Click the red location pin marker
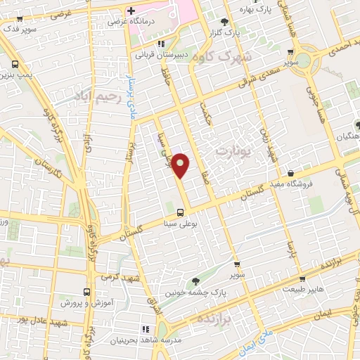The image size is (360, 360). point(181,165)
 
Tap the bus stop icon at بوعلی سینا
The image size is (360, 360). point(181,212)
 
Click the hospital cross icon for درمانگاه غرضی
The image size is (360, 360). point(131,11)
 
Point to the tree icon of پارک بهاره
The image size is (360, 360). point(224,22)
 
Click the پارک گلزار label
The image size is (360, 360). point(227,33)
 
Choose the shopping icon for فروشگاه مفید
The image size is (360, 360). point(290,175)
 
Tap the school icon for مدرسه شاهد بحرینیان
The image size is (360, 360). point(146,328)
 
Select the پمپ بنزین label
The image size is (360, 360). point(15,74)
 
